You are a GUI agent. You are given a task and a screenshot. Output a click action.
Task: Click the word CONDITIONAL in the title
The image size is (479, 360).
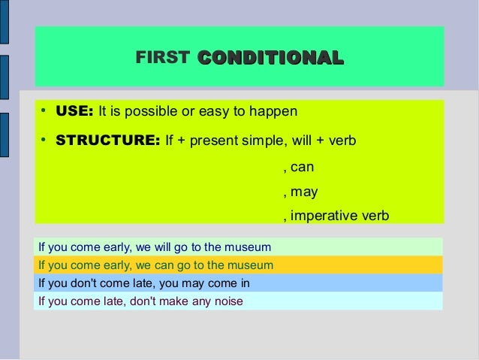point(270,58)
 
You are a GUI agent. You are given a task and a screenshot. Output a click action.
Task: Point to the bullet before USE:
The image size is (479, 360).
point(44,111)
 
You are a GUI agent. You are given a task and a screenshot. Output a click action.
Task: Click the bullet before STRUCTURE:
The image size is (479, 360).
point(44,140)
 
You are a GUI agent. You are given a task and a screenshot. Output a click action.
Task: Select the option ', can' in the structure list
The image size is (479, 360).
point(298,167)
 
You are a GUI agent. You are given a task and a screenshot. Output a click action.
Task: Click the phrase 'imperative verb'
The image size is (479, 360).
point(340,216)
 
